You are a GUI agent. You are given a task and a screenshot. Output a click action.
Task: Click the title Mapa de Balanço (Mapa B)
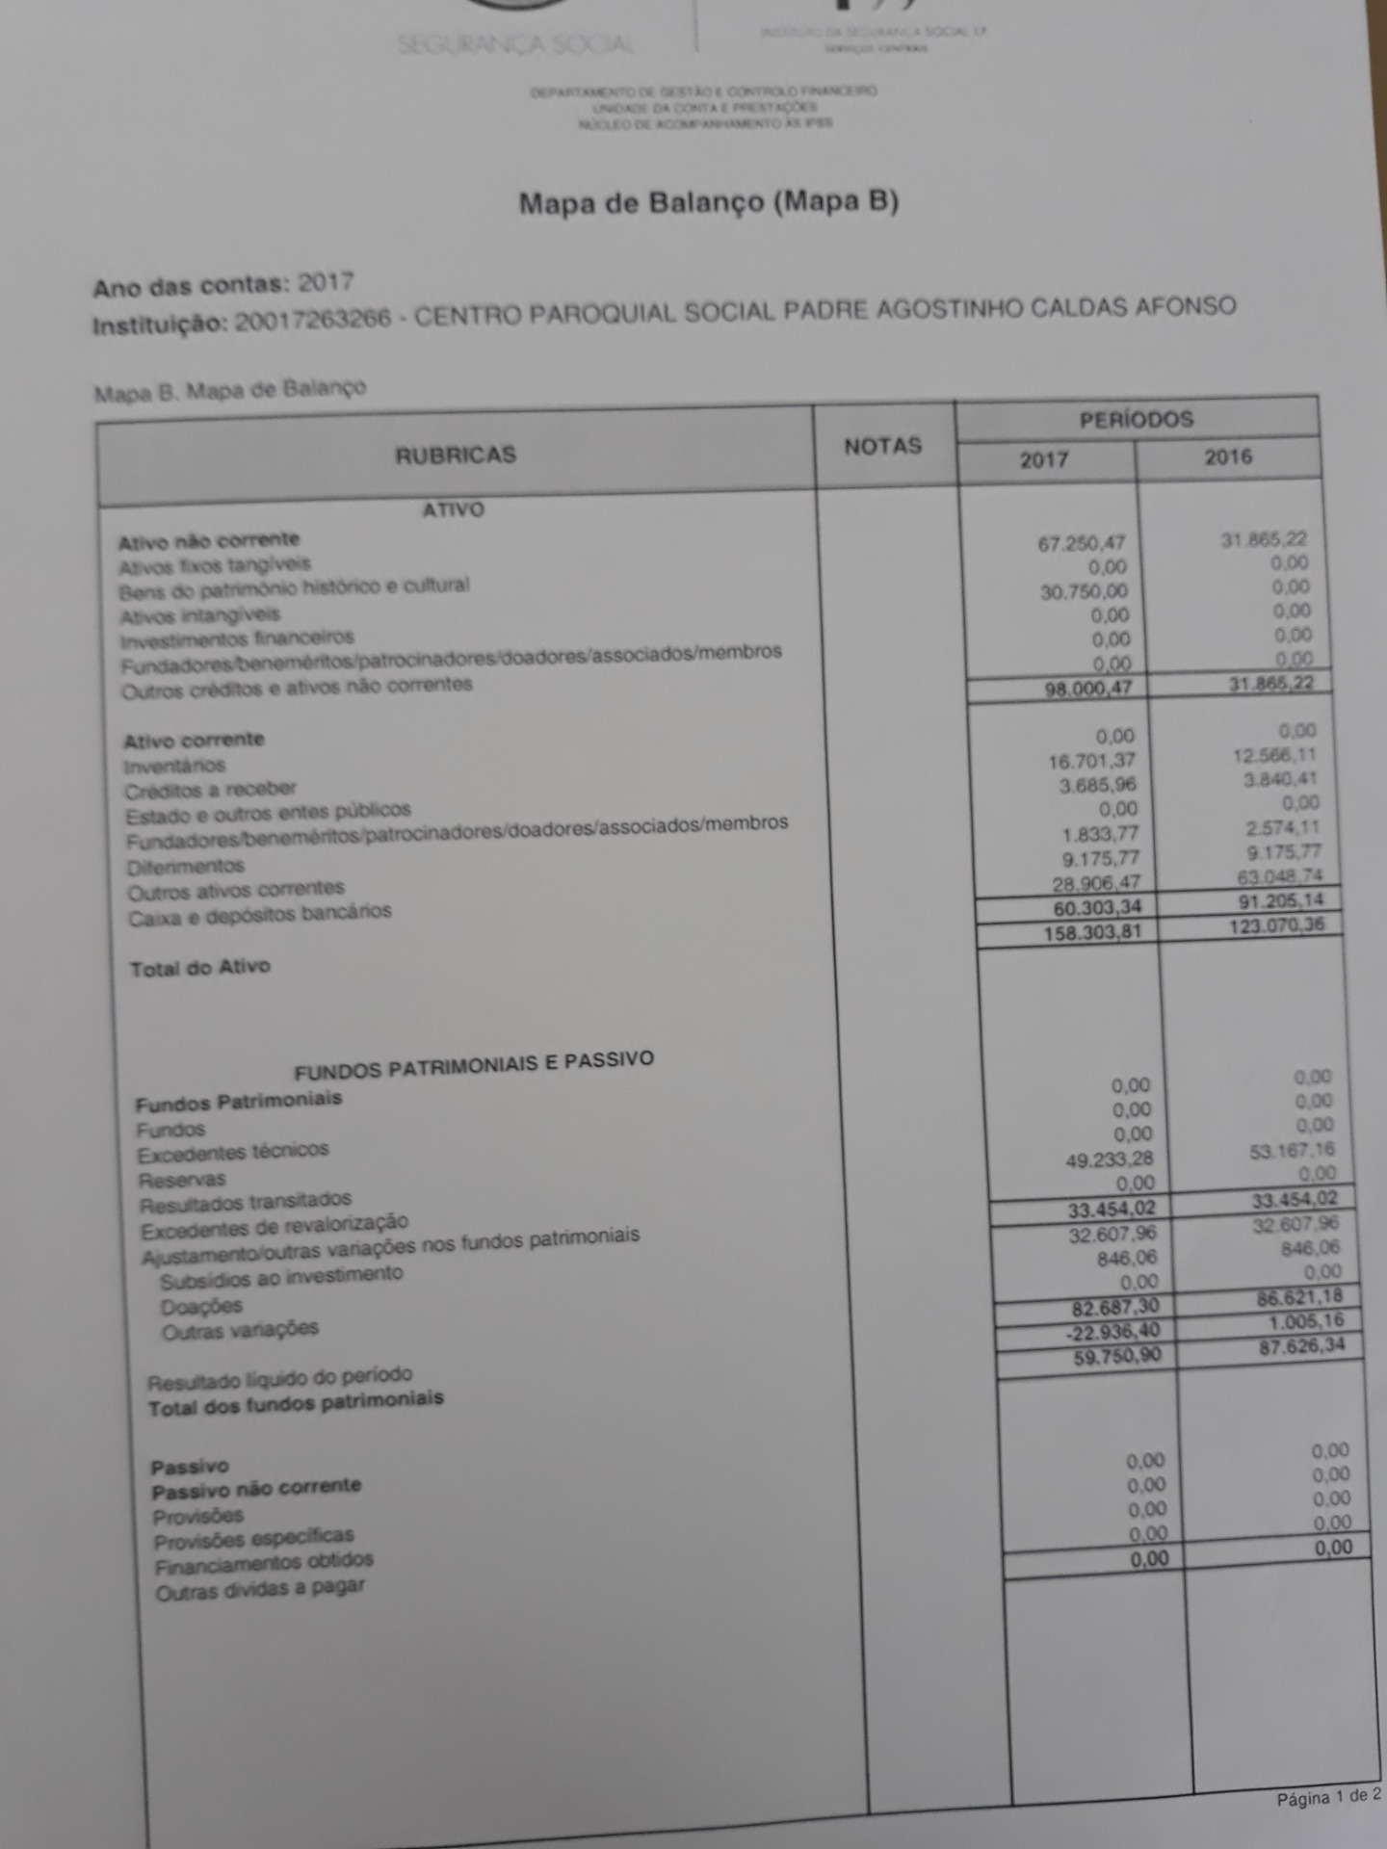[x=708, y=202]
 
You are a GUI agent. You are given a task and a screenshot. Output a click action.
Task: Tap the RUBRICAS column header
[x=456, y=455]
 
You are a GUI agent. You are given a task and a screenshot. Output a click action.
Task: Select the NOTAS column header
[x=882, y=446]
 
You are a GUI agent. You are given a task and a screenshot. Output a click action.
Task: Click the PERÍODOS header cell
[x=1136, y=419]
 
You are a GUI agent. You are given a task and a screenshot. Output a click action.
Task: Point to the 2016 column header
[x=1228, y=456]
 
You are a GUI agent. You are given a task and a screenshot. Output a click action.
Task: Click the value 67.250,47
[x=1081, y=543]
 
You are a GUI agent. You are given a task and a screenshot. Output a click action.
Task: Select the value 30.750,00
[x=1084, y=591]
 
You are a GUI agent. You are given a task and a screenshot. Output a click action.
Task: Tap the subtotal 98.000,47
[x=1087, y=689]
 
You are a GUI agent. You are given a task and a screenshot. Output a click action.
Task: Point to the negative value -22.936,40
[x=1112, y=1332]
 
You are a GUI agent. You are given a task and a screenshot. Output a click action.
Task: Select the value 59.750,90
[x=1117, y=1357]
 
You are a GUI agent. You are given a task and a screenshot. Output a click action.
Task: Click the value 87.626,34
[x=1301, y=1345]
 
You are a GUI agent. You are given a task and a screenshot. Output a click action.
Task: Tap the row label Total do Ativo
[x=200, y=968]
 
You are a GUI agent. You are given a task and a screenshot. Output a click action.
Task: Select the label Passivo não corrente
[x=256, y=1489]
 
